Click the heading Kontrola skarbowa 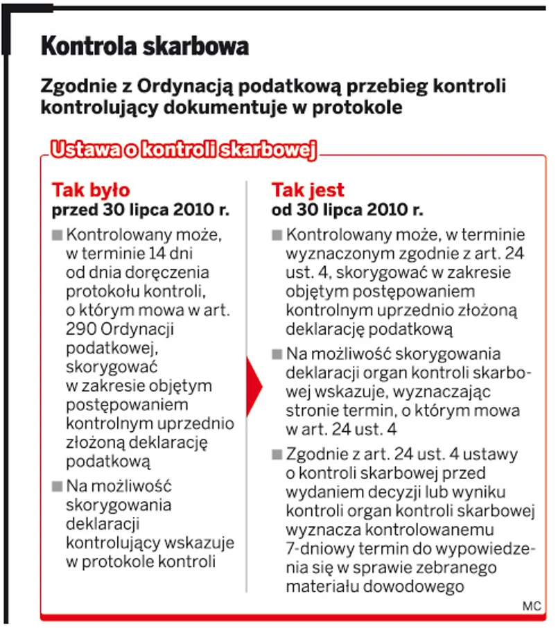point(144,47)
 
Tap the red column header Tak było point(91,191)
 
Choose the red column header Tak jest point(308,191)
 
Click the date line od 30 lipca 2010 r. point(347,209)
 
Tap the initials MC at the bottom point(531,606)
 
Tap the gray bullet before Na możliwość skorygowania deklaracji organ point(277,354)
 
